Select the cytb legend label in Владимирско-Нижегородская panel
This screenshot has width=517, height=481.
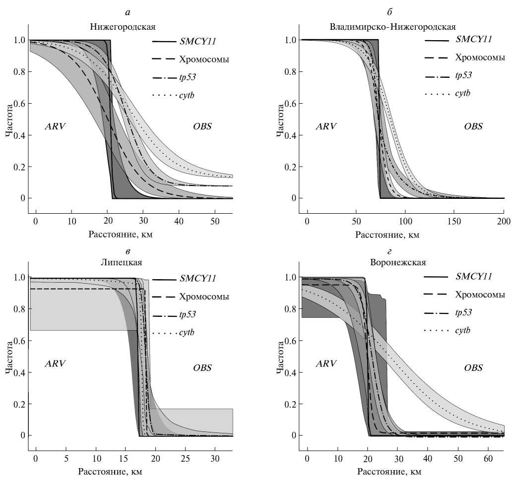pyautogui.click(x=462, y=93)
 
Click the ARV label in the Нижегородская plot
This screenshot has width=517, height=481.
pyautogui.click(x=55, y=126)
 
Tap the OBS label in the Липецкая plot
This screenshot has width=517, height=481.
pyautogui.click(x=202, y=368)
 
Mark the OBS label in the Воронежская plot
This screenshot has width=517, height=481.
pyautogui.click(x=473, y=368)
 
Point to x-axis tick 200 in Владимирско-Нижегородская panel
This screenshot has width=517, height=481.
pyautogui.click(x=504, y=220)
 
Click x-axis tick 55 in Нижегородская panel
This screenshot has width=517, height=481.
pyautogui.click(x=214, y=220)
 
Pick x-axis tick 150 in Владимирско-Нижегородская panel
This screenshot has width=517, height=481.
pyautogui.click(x=454, y=220)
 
